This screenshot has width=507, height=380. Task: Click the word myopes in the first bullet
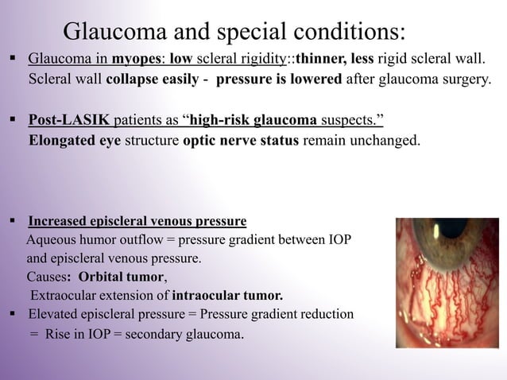pyautogui.click(x=137, y=60)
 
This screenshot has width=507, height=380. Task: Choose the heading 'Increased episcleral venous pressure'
pyautogui.click(x=137, y=220)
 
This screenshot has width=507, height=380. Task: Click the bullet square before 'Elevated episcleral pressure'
pyautogui.click(x=14, y=314)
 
